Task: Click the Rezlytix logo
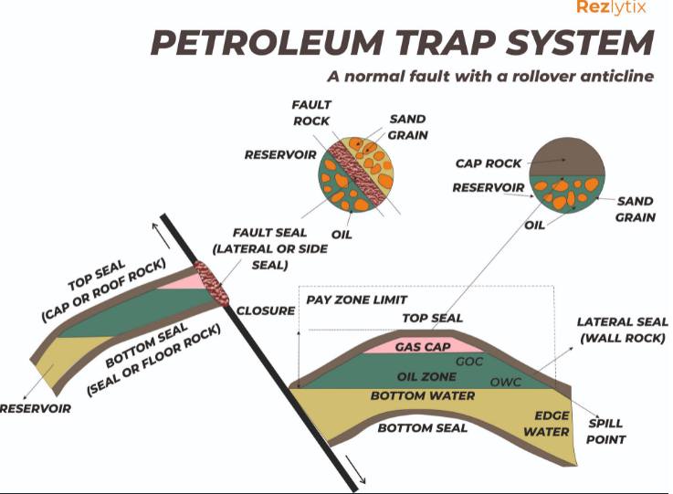[611, 7]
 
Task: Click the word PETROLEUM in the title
[266, 42]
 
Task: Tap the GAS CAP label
[423, 347]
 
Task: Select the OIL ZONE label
[426, 376]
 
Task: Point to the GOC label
[469, 362]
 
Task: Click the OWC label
[506, 382]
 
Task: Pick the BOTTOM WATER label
[423, 395]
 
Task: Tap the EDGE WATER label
[547, 424]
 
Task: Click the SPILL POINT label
[605, 431]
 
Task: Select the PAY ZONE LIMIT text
[357, 300]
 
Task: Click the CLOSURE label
[266, 310]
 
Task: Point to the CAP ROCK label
[488, 163]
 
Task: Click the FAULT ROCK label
[311, 113]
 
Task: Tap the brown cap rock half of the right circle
[566, 158]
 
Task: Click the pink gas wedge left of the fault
[182, 281]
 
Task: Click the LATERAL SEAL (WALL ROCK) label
[623, 330]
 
